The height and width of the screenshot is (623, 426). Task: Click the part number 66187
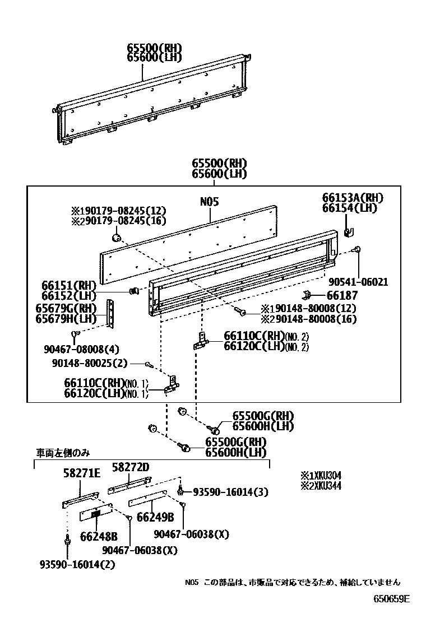point(343,295)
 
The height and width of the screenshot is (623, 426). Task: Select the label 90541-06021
point(358,282)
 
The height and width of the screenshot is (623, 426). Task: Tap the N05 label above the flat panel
point(209,202)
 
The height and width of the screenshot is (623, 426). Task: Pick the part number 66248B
point(99,536)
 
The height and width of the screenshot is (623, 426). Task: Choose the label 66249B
point(155,517)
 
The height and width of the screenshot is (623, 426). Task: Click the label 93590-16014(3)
point(230,492)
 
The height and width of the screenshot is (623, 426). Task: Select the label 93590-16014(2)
point(77,564)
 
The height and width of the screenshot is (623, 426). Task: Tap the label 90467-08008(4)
point(81,349)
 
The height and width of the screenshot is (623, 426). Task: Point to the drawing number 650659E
point(392,598)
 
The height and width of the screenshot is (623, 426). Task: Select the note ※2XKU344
point(321,486)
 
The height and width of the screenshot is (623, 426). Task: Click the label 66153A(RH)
point(353,198)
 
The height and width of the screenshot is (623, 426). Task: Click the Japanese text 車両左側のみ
point(63,452)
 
